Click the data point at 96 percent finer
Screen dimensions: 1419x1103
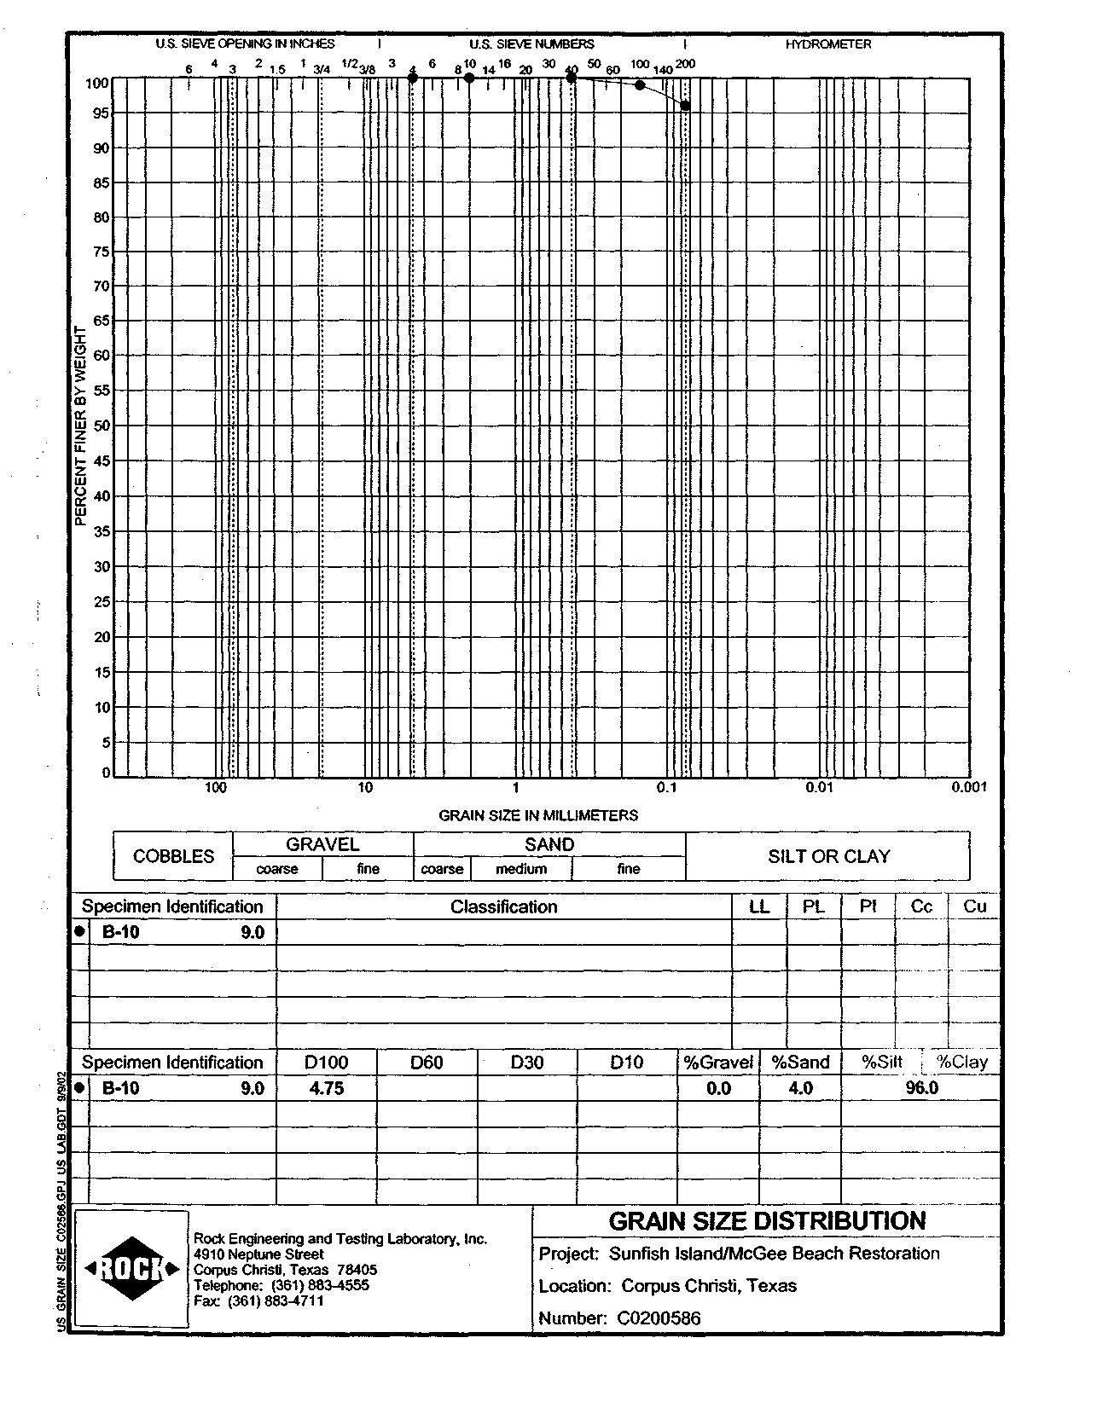685,106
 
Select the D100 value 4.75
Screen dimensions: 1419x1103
327,1088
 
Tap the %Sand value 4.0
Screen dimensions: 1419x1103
800,1088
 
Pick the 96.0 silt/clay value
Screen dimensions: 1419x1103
921,1088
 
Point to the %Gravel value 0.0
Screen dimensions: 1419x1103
719,1088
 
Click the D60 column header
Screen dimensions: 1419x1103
427,1063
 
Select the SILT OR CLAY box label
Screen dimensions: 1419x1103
828,856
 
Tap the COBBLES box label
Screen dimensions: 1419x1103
173,856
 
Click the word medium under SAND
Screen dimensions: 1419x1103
521,869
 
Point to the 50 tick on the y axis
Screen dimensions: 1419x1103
101,426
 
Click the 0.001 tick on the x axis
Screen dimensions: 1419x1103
969,787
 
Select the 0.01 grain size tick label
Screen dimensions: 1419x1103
819,787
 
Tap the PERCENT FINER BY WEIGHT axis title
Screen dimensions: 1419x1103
81,426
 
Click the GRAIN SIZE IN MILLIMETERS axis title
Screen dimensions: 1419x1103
538,815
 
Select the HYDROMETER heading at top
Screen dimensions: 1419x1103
828,44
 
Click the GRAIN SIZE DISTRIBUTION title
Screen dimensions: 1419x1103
767,1221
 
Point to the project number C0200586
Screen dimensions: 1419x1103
659,1318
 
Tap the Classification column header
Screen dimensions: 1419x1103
503,907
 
